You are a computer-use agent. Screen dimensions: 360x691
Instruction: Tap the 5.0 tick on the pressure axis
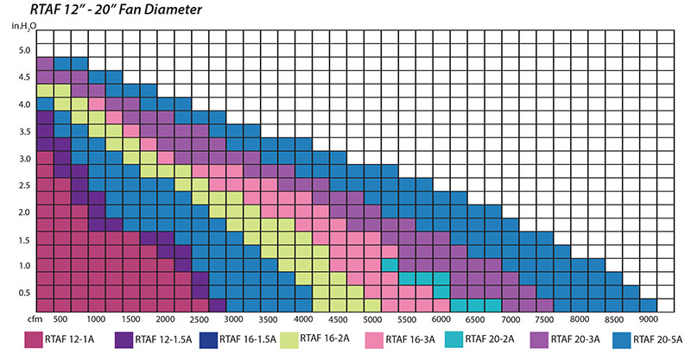tap(23, 50)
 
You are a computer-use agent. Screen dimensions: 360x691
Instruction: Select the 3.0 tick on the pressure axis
tap(23, 158)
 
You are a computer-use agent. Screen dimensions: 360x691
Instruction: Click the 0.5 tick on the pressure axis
tap(23, 294)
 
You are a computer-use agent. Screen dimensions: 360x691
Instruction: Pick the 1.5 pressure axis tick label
tap(23, 239)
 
